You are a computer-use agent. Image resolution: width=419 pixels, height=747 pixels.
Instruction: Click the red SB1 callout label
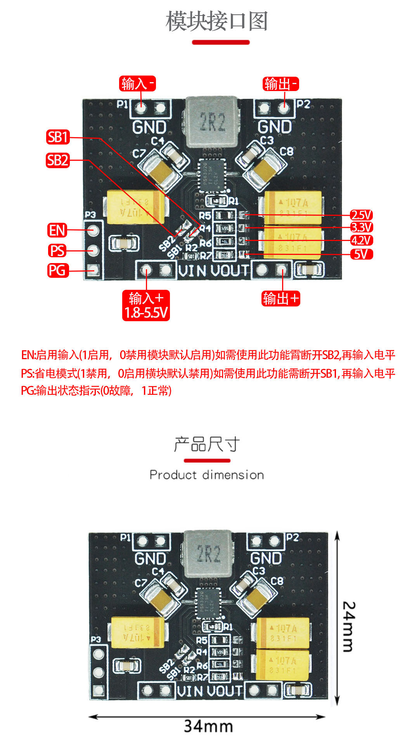pos(58,137)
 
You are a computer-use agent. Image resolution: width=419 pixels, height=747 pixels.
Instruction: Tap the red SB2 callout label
pos(58,160)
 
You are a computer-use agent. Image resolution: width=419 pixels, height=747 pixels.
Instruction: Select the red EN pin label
pos(57,230)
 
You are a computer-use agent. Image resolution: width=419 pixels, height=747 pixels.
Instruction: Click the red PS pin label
pos(57,251)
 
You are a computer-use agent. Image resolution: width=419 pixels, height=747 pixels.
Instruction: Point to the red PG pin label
pos(57,270)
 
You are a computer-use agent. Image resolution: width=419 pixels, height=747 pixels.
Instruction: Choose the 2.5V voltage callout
pos(361,215)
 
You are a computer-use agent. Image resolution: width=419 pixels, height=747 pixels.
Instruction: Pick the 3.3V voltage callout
pos(361,227)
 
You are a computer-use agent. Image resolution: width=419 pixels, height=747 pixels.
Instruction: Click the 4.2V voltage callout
pos(361,241)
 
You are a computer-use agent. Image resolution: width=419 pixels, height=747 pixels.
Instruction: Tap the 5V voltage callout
pos(361,254)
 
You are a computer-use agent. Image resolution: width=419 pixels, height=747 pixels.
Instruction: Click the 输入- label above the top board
pos(137,84)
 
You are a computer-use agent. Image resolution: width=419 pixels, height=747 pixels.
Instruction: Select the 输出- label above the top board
pos(281,84)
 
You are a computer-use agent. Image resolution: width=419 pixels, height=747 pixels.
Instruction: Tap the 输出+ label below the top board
pos(281,299)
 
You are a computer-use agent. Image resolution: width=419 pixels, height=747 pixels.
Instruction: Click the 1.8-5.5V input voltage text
pos(146,313)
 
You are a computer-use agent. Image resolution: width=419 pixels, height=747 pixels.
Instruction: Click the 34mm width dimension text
pos(208,726)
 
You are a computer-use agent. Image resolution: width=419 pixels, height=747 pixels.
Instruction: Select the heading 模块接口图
pos(217,21)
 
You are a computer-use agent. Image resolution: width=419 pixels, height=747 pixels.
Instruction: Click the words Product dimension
pos(207,475)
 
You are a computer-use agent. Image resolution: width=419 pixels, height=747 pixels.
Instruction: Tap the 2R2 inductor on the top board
pos(211,122)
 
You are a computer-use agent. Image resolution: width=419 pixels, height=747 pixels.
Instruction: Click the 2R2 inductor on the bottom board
pos(208,554)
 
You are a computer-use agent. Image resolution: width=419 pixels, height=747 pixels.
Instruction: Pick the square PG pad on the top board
pos(93,270)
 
